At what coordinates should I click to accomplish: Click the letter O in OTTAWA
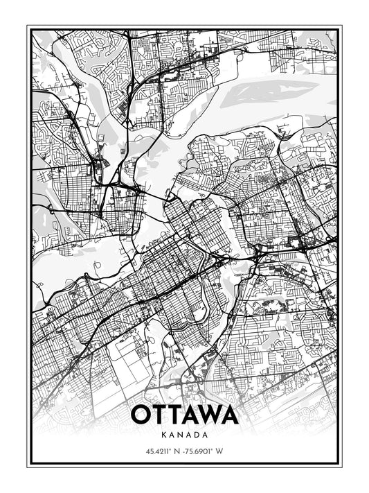tap(140, 415)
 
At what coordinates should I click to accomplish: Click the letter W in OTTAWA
tap(205, 415)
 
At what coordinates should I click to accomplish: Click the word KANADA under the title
tap(184, 435)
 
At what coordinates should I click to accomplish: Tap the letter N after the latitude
tap(177, 451)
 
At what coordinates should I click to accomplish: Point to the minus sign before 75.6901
tap(183, 451)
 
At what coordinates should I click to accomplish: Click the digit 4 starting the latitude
tap(147, 451)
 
